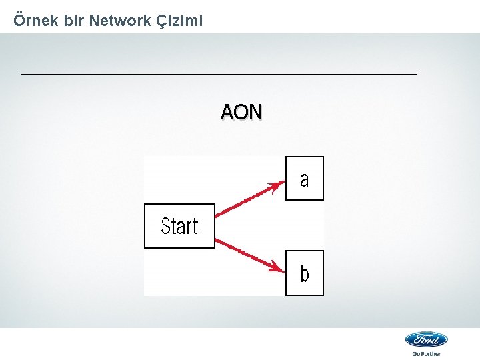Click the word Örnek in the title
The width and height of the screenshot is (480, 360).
[36, 21]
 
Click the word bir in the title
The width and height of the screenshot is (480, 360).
[73, 21]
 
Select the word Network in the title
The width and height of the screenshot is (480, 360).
[119, 21]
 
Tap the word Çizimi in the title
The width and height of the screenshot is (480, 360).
[179, 21]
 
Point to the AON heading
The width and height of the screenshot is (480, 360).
[241, 112]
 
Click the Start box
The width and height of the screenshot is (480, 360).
[179, 226]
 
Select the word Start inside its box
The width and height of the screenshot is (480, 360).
[179, 227]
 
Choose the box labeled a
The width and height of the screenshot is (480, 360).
[305, 179]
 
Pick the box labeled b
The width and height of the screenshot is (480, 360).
[305, 273]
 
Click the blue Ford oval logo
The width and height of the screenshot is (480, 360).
[427, 339]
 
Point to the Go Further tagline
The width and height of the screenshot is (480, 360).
[427, 354]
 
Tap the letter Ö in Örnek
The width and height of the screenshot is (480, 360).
[19, 21]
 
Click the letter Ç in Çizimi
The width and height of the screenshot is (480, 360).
[161, 21]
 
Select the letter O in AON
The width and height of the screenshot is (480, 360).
[241, 112]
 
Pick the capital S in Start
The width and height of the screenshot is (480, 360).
[165, 227]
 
